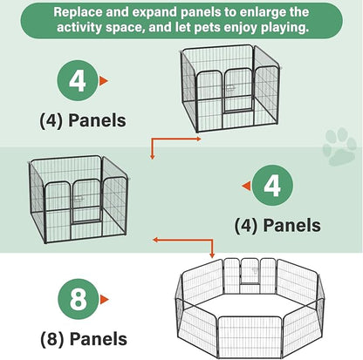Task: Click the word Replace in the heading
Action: point(78,12)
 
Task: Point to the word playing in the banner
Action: point(284,28)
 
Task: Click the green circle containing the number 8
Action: point(79,299)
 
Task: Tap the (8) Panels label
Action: point(84,339)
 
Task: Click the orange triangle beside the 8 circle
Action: point(104,299)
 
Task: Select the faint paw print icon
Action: point(339,146)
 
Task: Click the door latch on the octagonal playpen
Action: point(256,271)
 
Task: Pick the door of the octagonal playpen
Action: point(250,271)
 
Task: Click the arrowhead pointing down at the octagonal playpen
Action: point(212,255)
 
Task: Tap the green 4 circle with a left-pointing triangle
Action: point(272,186)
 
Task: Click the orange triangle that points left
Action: point(246,186)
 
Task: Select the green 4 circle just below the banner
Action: point(78,80)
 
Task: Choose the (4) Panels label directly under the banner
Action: point(83,120)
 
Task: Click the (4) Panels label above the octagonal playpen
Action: point(277,225)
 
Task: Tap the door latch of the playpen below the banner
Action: point(230,88)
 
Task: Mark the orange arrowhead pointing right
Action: point(198,139)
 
